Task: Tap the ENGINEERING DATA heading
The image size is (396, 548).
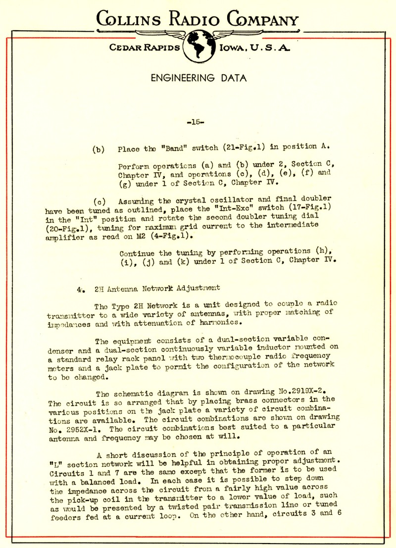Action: coord(198,78)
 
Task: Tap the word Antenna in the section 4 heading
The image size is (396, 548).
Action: coord(125,287)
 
